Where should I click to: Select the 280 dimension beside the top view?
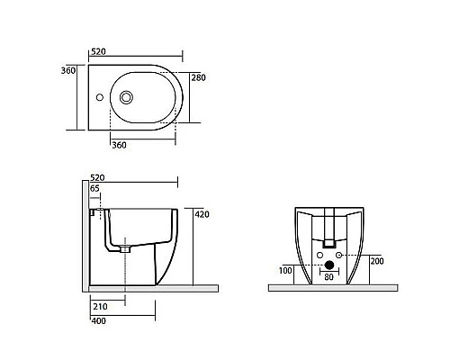200,78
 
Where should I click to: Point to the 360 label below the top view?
119,144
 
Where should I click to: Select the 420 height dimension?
202,214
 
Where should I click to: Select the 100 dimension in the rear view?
285,269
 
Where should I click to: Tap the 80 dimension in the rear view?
328,277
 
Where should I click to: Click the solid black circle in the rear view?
328,265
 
